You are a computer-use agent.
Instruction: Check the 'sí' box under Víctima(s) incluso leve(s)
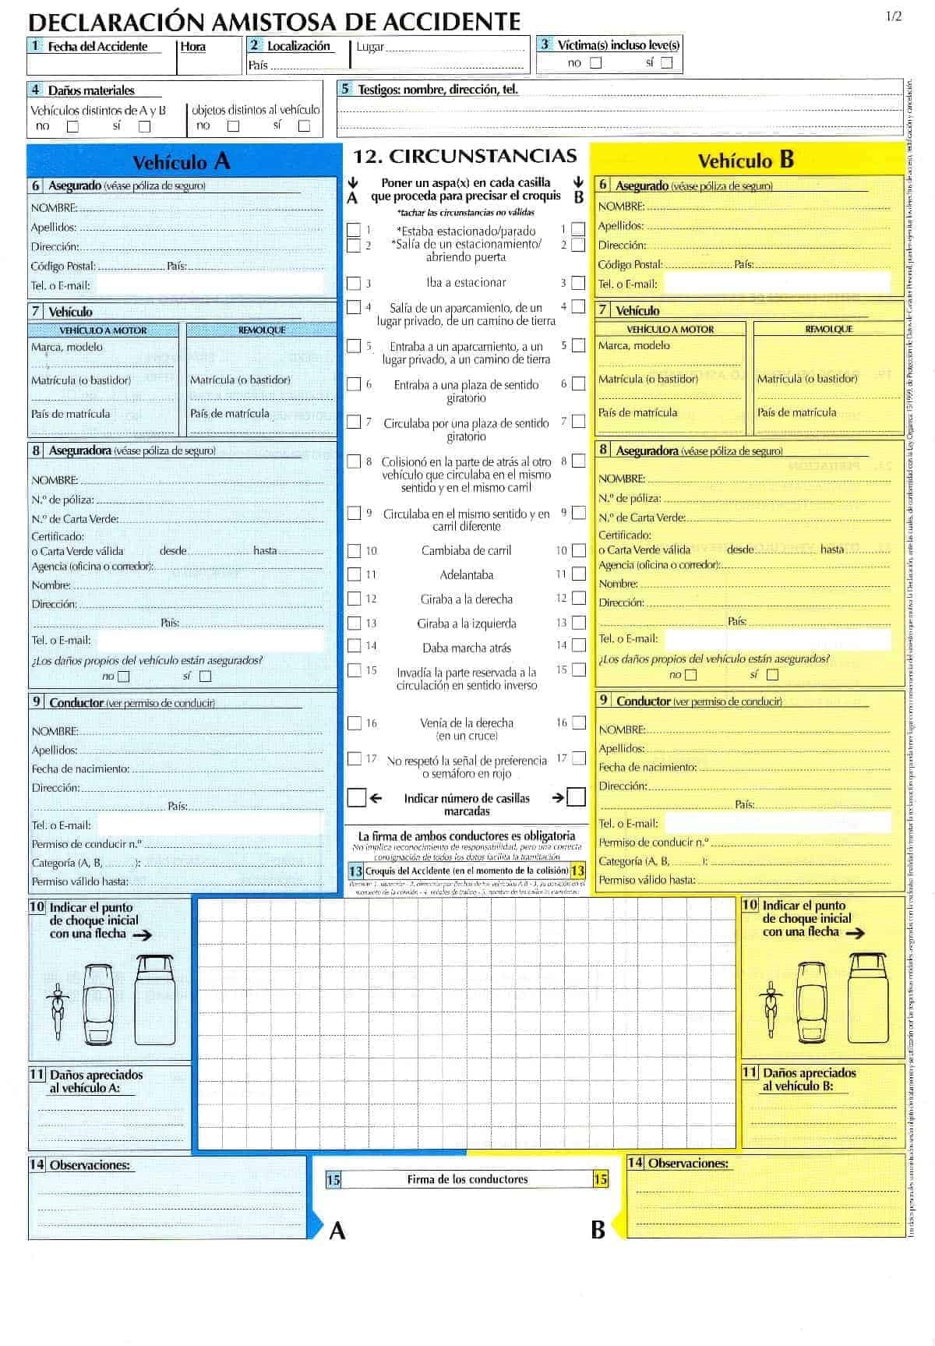coord(666,63)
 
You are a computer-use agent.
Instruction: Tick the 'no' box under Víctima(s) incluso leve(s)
coord(596,63)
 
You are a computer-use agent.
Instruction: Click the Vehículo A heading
coord(182,161)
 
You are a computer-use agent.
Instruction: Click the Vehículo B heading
coord(746,160)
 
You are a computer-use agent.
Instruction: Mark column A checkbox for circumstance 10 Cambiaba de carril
coord(354,551)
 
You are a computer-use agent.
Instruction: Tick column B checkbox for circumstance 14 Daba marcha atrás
coord(578,645)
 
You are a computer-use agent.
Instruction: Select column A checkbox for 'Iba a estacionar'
coord(354,284)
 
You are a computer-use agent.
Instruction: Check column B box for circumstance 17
coord(578,758)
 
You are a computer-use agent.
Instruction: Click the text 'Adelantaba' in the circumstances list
coord(466,575)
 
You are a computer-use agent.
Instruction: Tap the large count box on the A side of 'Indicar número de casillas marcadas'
coord(356,798)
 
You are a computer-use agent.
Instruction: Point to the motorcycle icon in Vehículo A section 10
coord(57,1011)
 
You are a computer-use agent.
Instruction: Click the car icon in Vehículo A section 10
coord(98,1005)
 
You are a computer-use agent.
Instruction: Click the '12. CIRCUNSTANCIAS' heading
coord(465,156)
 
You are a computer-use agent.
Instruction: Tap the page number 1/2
coord(893,16)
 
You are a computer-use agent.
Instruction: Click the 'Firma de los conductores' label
coord(467,1179)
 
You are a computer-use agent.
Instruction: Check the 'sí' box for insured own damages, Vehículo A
coord(206,677)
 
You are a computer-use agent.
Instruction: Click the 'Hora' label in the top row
coord(193,47)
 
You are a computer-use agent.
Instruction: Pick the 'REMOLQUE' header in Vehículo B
coord(828,329)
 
